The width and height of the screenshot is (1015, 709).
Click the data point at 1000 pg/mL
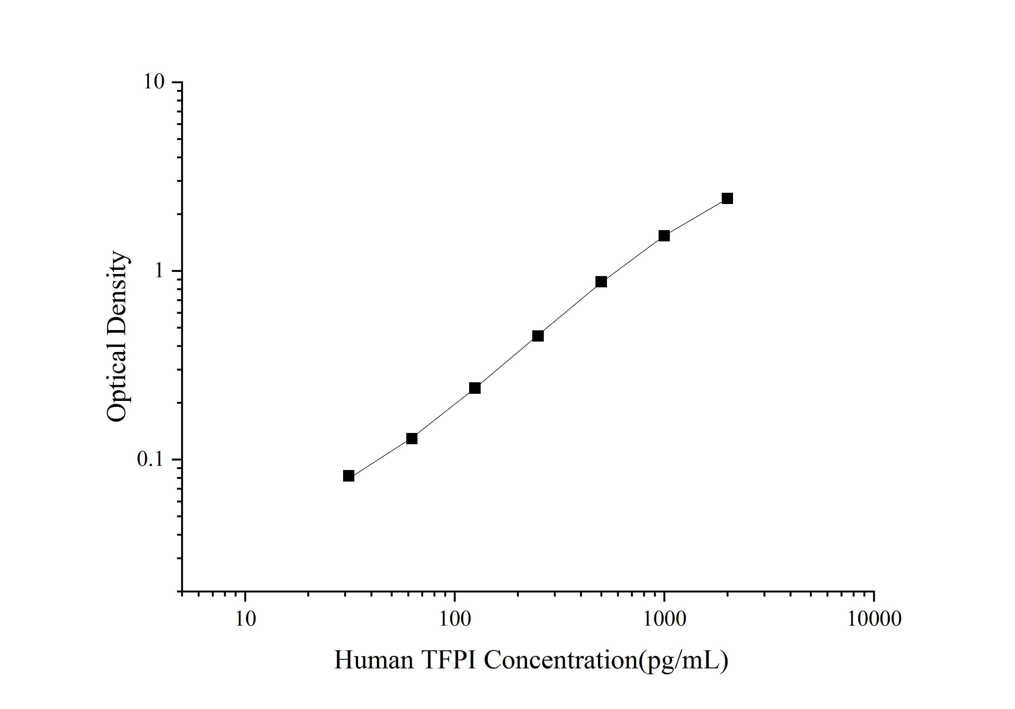pos(664,236)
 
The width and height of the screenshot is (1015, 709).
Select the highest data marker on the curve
pos(727,198)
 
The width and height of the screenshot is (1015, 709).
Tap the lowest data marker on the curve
pos(348,476)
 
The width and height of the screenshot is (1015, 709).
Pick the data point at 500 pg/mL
pos(601,282)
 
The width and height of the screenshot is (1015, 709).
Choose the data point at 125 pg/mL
pos(475,388)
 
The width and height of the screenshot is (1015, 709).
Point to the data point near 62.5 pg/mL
pos(412,438)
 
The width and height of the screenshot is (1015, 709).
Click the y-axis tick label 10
pos(153,82)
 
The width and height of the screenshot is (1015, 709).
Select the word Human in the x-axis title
pos(374,660)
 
